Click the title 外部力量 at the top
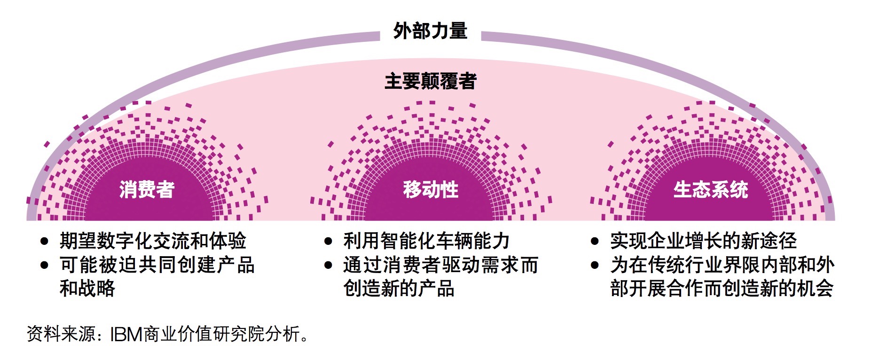(x=430, y=31)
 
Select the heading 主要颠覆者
(x=430, y=81)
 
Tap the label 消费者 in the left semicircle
(x=147, y=189)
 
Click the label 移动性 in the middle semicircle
(x=431, y=189)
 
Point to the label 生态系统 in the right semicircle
(x=710, y=189)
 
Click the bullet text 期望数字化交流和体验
(x=153, y=241)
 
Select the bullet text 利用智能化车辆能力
(x=426, y=241)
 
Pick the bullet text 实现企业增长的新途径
(x=703, y=241)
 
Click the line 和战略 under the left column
(x=87, y=288)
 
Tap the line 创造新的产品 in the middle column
(x=399, y=288)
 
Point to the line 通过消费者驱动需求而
(x=440, y=265)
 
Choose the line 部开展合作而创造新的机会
(x=722, y=288)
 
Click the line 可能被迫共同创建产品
(x=157, y=265)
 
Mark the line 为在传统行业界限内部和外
(x=722, y=265)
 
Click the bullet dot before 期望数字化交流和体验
(x=45, y=242)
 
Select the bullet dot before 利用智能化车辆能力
(x=329, y=242)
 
